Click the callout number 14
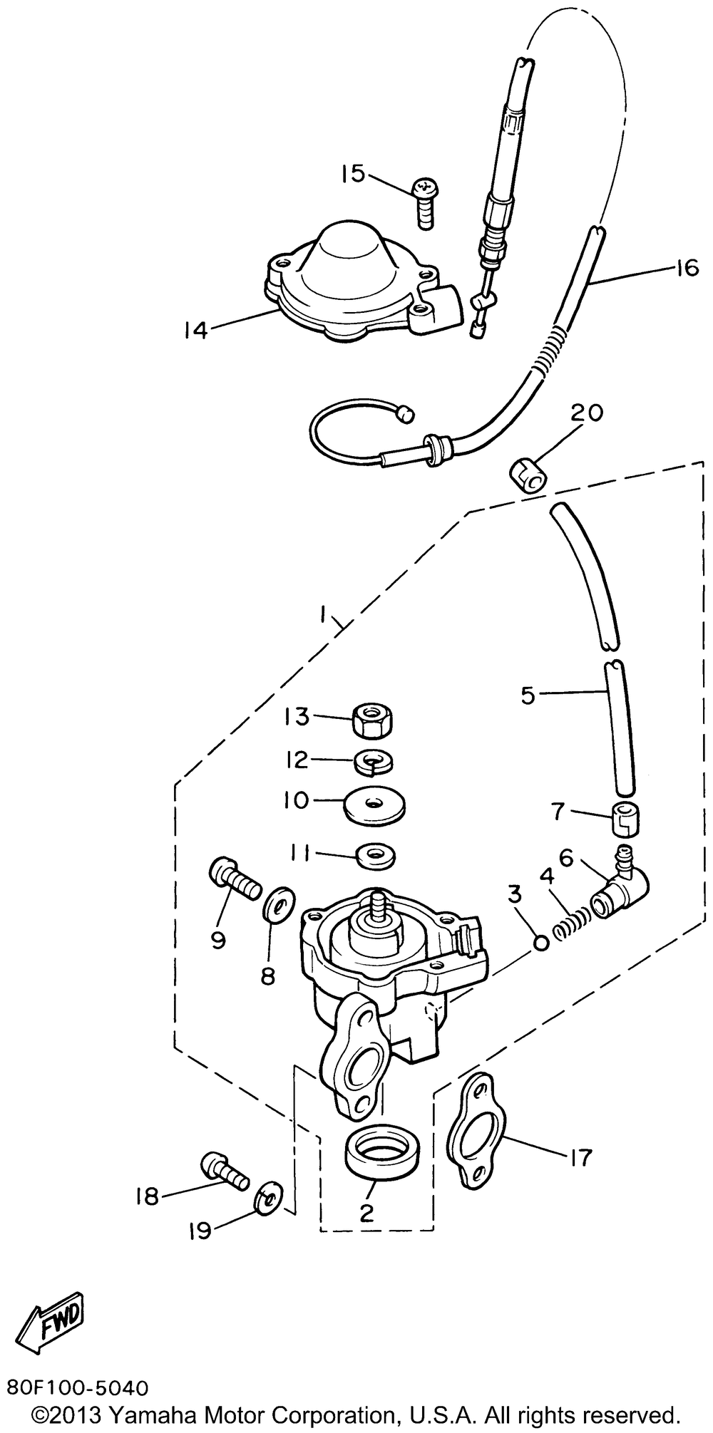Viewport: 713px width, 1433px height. click(x=195, y=329)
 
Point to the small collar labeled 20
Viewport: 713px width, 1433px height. click(x=527, y=476)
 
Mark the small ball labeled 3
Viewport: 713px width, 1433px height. click(x=540, y=943)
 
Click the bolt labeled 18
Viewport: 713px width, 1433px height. click(x=225, y=1174)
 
